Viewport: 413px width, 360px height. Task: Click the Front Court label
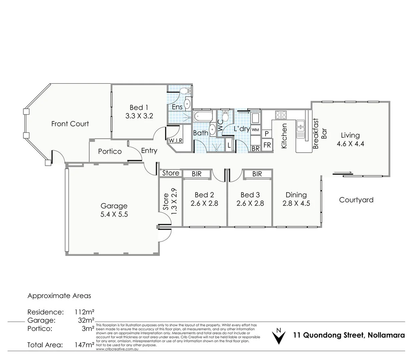[x=70, y=124]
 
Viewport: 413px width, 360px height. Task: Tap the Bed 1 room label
[x=139, y=107]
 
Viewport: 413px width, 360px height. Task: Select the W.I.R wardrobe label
[x=175, y=141]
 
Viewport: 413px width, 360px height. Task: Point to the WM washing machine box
[x=255, y=130]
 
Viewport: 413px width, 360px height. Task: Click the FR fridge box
[x=267, y=145]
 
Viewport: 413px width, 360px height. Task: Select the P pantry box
[x=267, y=134]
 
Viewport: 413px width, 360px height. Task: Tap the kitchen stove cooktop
[x=281, y=115]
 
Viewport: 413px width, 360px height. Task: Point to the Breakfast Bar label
[x=320, y=133]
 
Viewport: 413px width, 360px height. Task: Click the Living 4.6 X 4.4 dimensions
[x=350, y=144]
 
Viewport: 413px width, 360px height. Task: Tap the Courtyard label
[x=356, y=200]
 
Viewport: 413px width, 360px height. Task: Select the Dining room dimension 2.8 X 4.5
[x=296, y=203]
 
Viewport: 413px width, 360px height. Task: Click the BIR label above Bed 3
[x=257, y=174]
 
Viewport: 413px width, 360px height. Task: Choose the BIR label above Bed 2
[x=196, y=174]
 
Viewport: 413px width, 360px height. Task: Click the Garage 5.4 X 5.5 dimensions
[x=114, y=214]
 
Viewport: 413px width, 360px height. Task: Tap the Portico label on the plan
[x=110, y=151]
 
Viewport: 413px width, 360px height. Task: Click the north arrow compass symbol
[x=279, y=336]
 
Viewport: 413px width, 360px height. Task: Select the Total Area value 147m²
[x=84, y=345]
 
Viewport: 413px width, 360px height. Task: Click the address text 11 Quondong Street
[x=349, y=335]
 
